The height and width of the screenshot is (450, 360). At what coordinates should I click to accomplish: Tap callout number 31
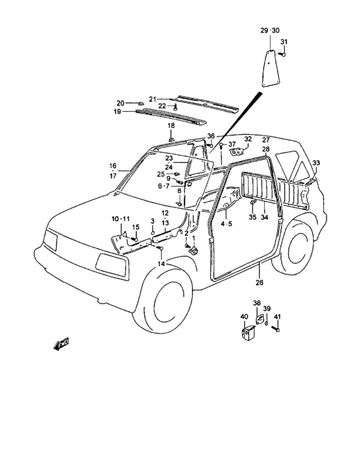[283, 42]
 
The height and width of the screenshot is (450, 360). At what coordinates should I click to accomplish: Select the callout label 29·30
[270, 30]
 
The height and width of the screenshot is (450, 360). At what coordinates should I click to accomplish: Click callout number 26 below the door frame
[259, 282]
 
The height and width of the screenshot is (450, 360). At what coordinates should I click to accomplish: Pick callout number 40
[244, 316]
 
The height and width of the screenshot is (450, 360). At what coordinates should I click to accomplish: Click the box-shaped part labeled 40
[248, 333]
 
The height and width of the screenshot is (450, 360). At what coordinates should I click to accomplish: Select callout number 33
[316, 163]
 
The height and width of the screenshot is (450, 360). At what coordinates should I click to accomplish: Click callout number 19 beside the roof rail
[117, 111]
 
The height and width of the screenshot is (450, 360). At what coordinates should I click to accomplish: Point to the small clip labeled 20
[140, 104]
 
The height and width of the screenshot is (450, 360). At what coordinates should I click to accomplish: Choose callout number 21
[152, 100]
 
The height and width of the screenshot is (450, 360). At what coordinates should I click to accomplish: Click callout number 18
[171, 126]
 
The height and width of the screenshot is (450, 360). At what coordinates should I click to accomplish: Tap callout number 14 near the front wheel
[161, 264]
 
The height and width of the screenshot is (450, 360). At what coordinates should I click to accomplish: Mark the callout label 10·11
[121, 219]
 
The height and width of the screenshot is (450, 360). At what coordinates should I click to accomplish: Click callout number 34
[264, 217]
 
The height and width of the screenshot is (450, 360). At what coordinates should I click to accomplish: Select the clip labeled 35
[253, 203]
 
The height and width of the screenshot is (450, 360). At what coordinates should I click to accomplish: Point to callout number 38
[256, 303]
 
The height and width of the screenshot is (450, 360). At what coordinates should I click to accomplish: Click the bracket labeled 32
[237, 151]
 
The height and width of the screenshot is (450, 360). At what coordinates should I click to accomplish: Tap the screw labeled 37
[222, 146]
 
